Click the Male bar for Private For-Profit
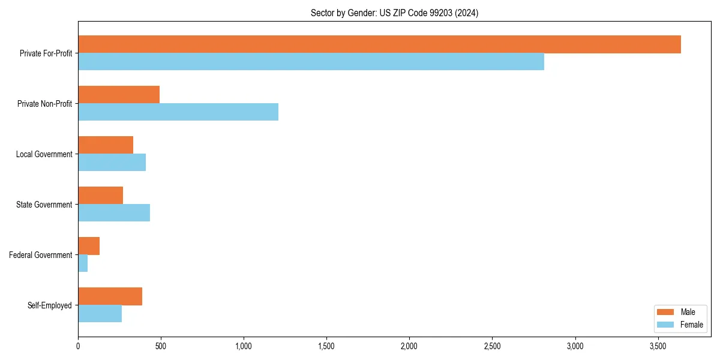pyautogui.click(x=379, y=44)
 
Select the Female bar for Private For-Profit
pyautogui.click(x=311, y=62)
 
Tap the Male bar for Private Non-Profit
pyautogui.click(x=119, y=95)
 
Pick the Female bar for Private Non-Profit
pyautogui.click(x=178, y=112)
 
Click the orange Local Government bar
pyautogui.click(x=106, y=145)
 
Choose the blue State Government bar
pyautogui.click(x=114, y=213)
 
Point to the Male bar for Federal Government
pyautogui.click(x=89, y=246)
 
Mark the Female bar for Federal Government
pyautogui.click(x=83, y=263)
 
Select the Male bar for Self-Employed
pyautogui.click(x=110, y=296)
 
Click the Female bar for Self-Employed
pyautogui.click(x=100, y=314)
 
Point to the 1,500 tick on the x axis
pyautogui.click(x=326, y=346)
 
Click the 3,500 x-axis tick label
pyautogui.click(x=658, y=346)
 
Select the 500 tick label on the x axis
pyautogui.click(x=161, y=346)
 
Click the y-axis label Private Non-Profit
pyautogui.click(x=44, y=104)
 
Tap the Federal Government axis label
pyautogui.click(x=41, y=255)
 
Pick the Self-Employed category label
pyautogui.click(x=50, y=305)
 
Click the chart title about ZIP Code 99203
pyautogui.click(x=394, y=13)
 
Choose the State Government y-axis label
pyautogui.click(x=44, y=205)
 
